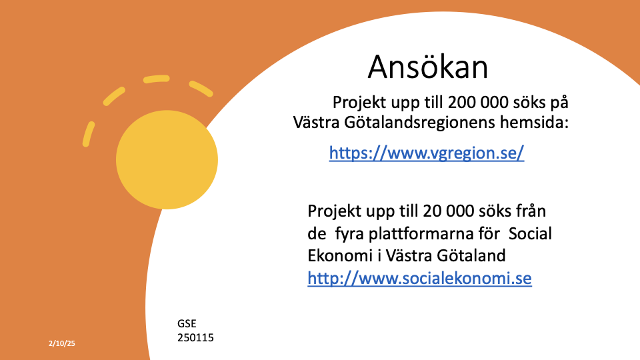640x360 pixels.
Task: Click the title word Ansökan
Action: click(x=428, y=67)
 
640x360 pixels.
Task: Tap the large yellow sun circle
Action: click(x=167, y=159)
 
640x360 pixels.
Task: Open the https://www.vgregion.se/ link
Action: click(x=427, y=153)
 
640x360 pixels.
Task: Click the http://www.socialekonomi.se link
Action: click(x=419, y=279)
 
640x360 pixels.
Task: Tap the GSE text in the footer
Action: click(x=187, y=324)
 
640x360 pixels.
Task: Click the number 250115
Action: click(x=195, y=337)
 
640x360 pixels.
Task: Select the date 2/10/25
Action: click(x=61, y=343)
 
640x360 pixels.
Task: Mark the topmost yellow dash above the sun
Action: click(x=156, y=79)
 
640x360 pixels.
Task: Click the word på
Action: click(x=559, y=103)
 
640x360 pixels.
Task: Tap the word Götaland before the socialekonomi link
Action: click(x=471, y=255)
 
